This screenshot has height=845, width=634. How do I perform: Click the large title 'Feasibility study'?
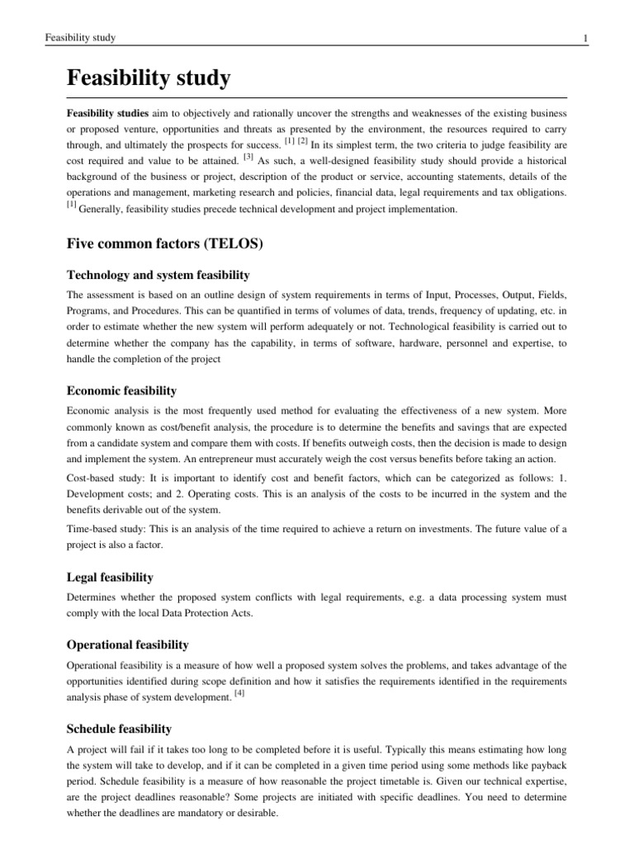click(x=149, y=80)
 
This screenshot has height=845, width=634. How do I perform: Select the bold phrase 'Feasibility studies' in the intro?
click(x=108, y=111)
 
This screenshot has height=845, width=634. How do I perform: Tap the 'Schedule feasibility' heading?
click(x=120, y=729)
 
